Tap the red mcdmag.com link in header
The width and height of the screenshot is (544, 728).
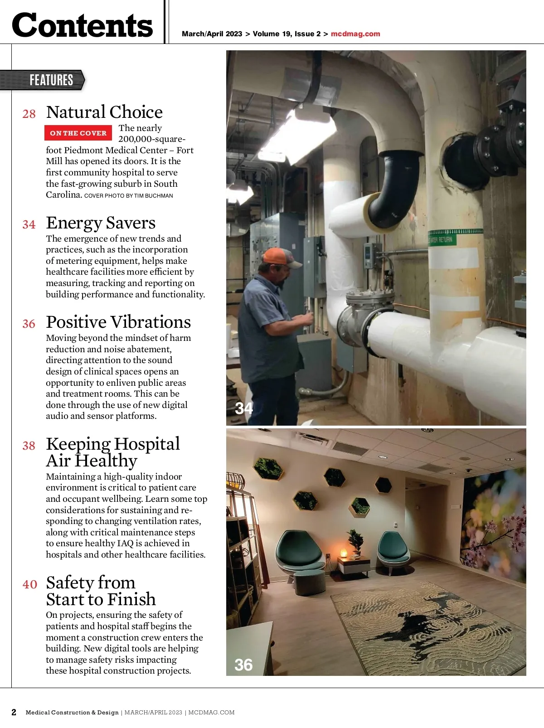coord(355,34)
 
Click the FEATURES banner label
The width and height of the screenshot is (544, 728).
coord(51,80)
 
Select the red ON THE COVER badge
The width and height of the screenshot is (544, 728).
coord(78,133)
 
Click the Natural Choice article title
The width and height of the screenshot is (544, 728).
coord(104,112)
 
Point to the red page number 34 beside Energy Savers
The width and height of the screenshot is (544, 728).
coord(29,224)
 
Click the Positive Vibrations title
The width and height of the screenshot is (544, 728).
coord(118,322)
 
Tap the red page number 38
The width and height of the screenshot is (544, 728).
coord(29,446)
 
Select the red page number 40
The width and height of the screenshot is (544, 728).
coord(29,584)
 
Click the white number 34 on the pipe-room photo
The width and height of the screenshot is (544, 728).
coord(244,408)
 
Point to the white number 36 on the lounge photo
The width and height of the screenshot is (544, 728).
coord(243,665)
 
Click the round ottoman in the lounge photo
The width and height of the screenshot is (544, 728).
coord(309,583)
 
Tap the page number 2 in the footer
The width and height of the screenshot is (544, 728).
coord(14,712)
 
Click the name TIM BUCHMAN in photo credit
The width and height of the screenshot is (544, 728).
coord(154,196)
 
